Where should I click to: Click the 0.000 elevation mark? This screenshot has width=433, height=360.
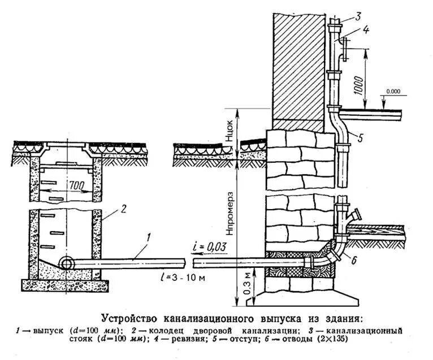(x=394, y=91)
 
